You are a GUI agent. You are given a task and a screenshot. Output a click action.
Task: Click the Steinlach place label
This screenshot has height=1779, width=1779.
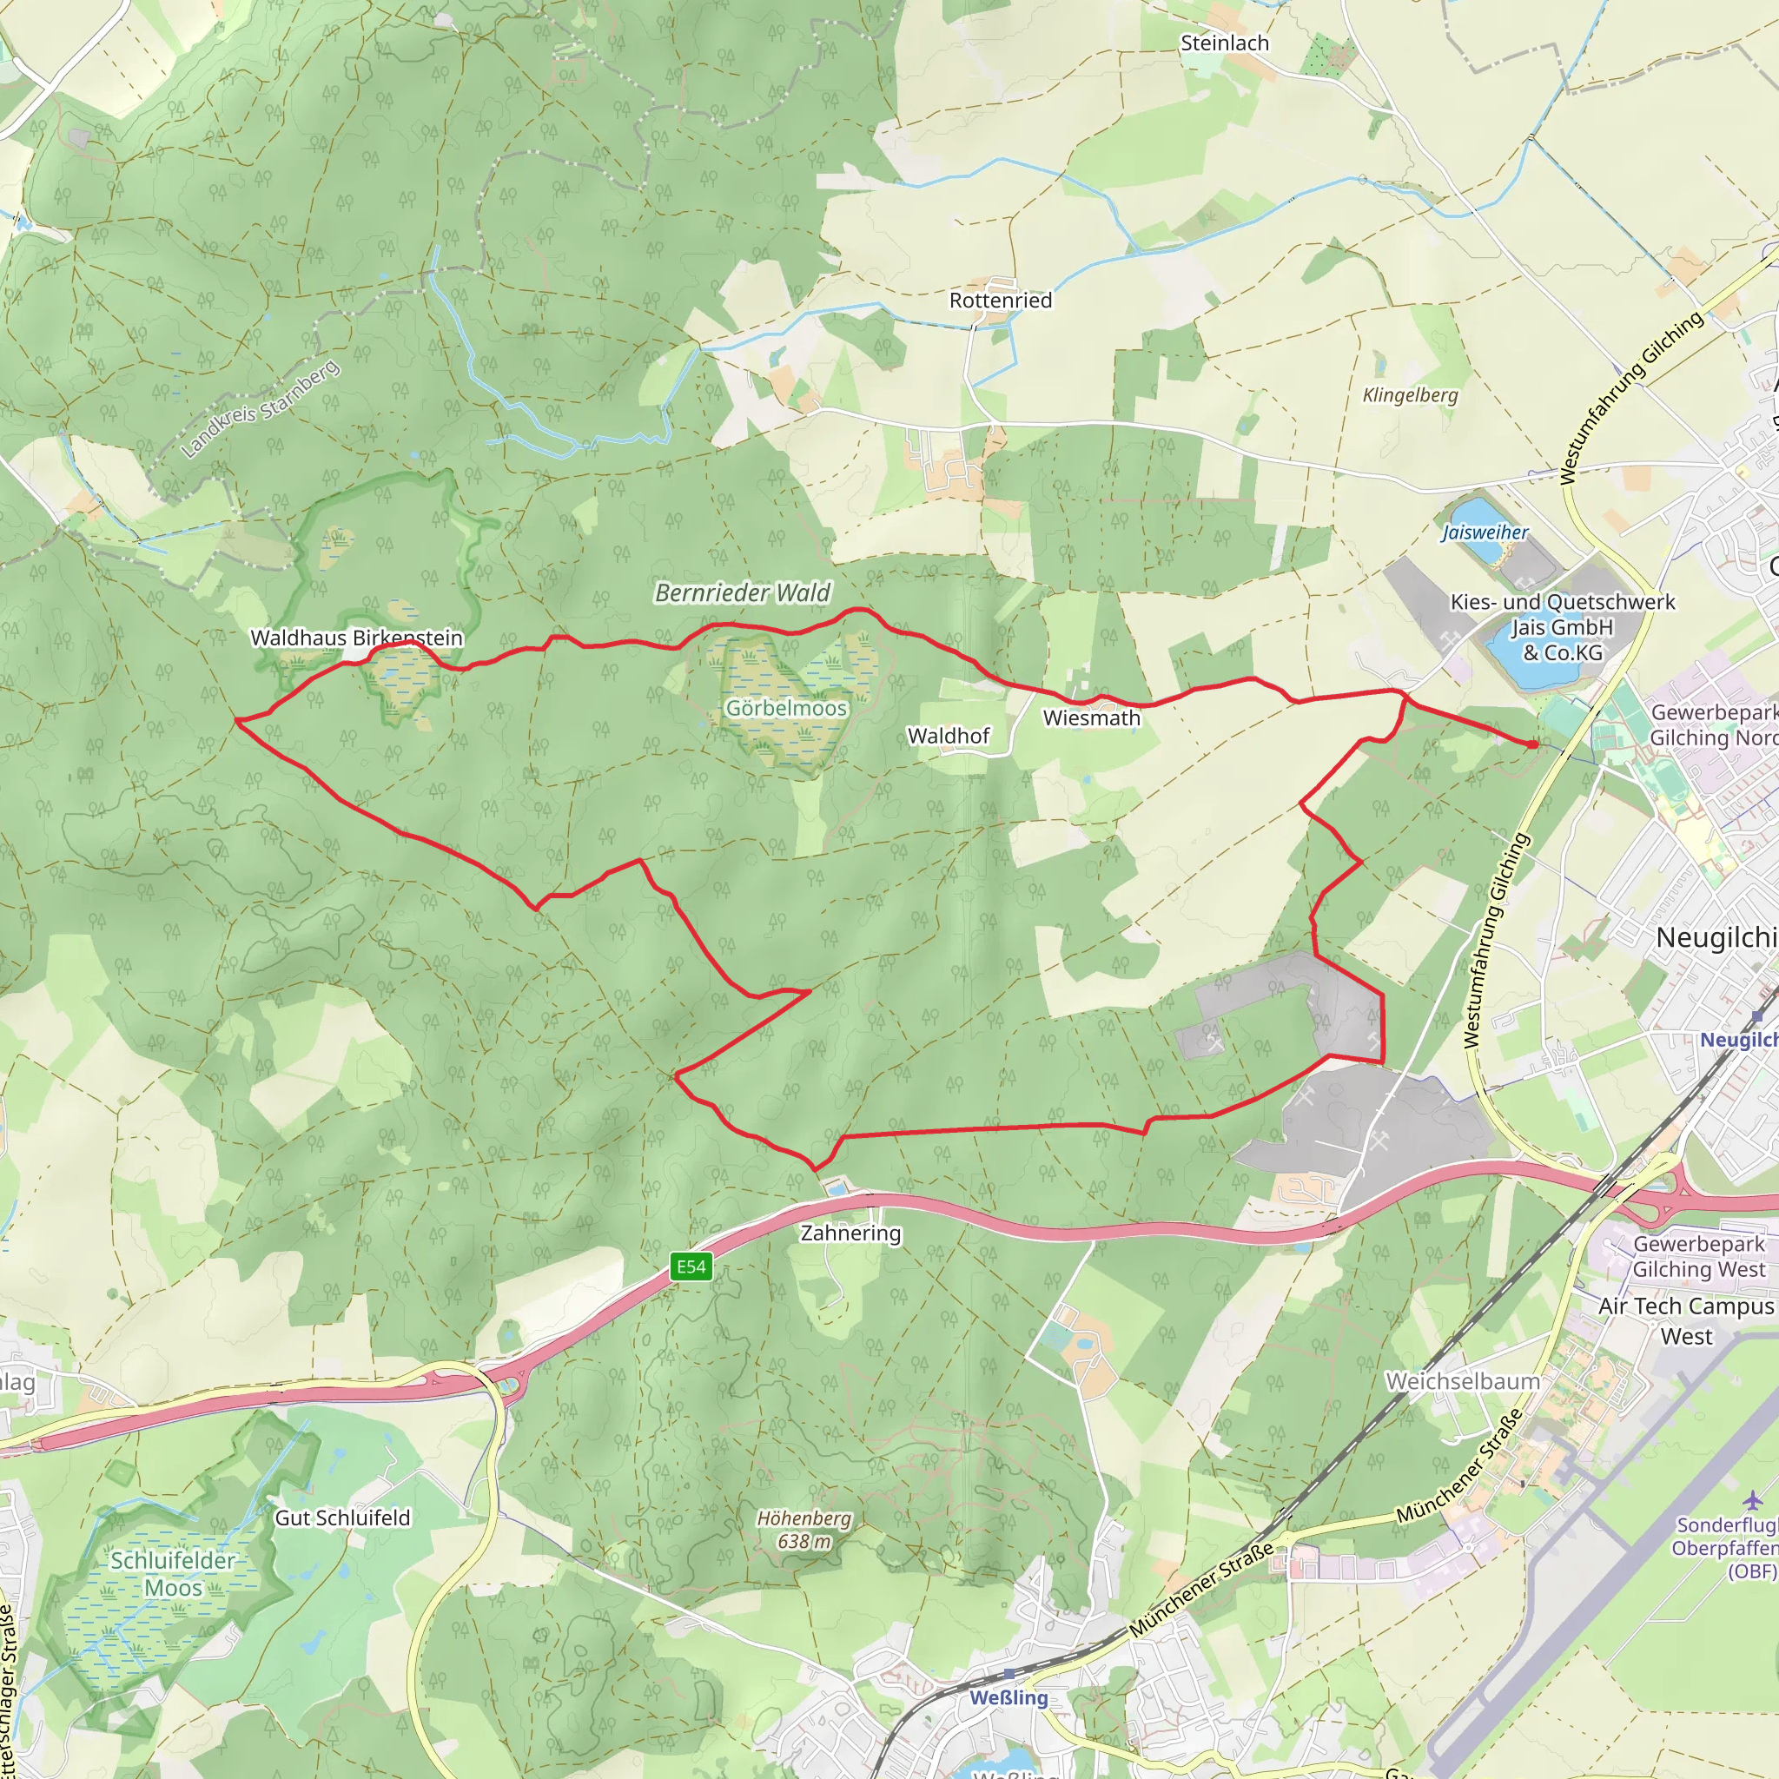[1224, 43]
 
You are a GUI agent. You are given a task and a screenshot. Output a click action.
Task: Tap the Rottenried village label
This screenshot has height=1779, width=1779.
[1000, 301]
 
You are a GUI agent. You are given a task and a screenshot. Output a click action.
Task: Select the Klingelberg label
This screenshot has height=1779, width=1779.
[1410, 395]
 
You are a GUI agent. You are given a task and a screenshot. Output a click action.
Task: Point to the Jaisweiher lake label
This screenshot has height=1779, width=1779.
[1485, 532]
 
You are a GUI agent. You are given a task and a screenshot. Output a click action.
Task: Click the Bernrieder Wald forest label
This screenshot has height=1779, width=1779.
[742, 593]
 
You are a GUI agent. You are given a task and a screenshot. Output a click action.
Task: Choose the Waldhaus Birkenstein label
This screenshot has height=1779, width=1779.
[356, 638]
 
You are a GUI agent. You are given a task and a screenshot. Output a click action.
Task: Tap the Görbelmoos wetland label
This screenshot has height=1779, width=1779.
[785, 708]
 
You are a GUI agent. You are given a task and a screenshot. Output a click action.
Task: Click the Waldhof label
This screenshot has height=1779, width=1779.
[949, 736]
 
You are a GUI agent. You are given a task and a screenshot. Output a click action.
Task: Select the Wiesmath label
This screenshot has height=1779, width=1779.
[1091, 718]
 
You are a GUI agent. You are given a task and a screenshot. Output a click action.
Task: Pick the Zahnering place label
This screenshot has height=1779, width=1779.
[850, 1233]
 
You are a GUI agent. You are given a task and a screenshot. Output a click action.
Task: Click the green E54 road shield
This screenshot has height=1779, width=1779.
[691, 1267]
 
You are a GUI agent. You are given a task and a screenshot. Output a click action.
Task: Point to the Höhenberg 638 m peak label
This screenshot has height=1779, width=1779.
[804, 1530]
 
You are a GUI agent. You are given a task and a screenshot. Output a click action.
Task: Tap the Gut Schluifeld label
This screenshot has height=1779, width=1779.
[342, 1518]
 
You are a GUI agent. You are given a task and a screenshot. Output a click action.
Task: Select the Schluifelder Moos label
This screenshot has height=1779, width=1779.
[173, 1575]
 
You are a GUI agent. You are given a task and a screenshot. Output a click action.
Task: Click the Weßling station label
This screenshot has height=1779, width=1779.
[1009, 1698]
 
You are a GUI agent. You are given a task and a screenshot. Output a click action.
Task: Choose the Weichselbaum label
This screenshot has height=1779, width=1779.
[1462, 1381]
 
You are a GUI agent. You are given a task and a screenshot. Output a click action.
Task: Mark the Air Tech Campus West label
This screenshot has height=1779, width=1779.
[1685, 1320]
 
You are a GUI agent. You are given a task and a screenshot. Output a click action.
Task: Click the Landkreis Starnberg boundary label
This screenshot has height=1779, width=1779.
[261, 409]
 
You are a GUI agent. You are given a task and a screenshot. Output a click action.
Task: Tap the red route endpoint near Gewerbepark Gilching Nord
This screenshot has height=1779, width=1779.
[1533, 744]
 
